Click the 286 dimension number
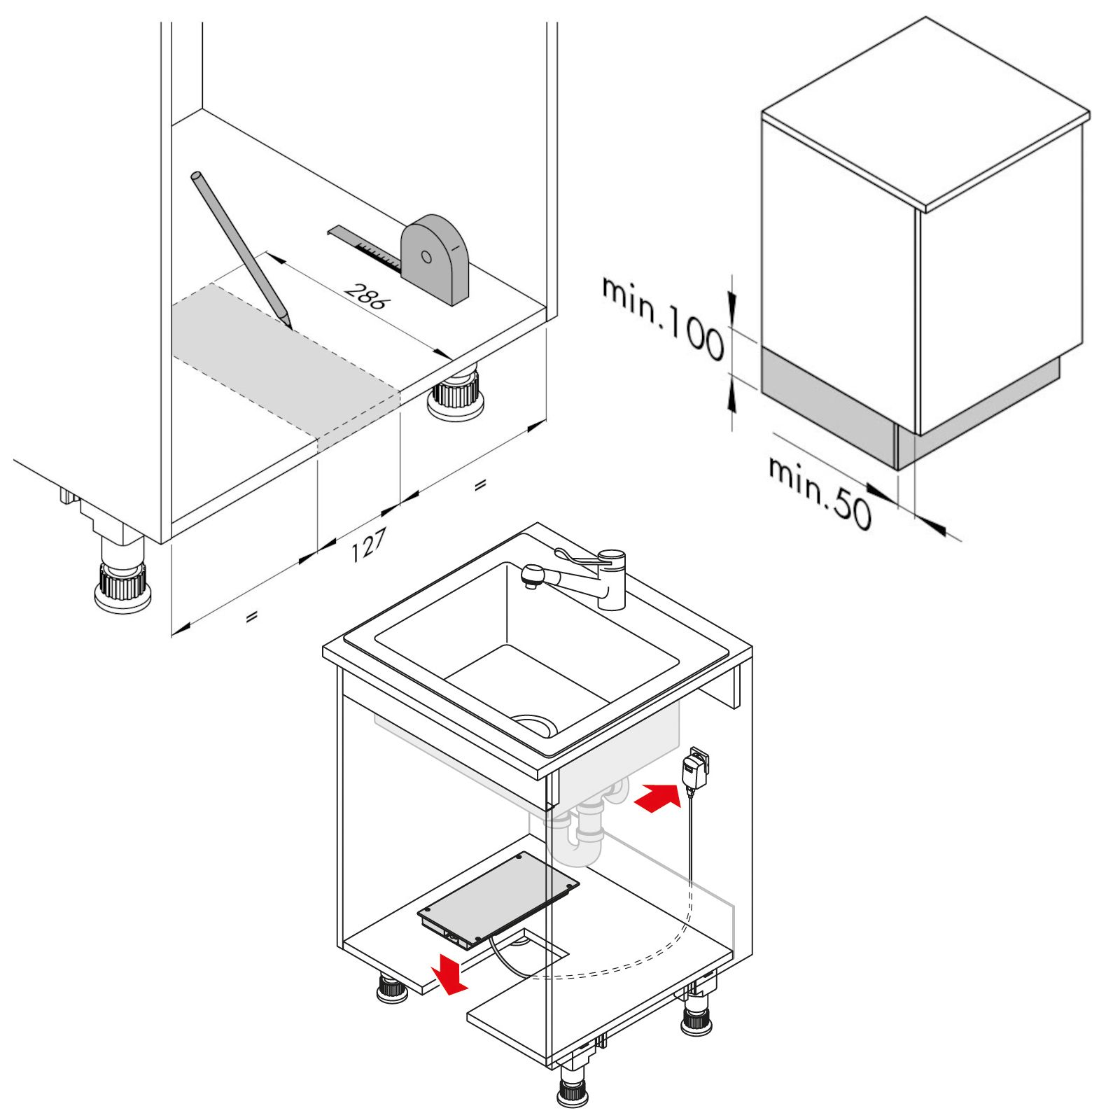pos(365,296)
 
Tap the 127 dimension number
pos(367,545)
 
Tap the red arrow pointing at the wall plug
pos(657,798)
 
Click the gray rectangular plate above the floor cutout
pos(498,899)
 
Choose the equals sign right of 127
pos(479,485)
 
